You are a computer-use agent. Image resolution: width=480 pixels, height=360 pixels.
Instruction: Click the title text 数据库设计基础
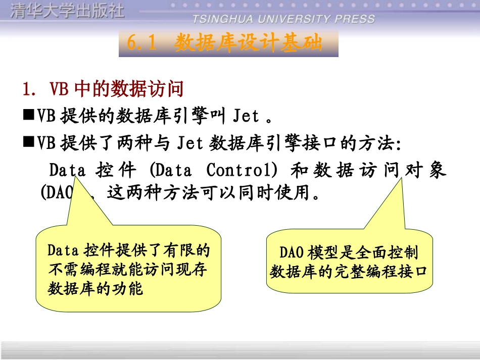248,43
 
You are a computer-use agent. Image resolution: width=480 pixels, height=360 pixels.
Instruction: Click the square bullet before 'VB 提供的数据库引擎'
28,116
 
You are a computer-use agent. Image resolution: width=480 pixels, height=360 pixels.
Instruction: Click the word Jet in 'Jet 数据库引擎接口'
190,143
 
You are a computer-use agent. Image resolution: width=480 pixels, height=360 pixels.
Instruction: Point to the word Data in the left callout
63,250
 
